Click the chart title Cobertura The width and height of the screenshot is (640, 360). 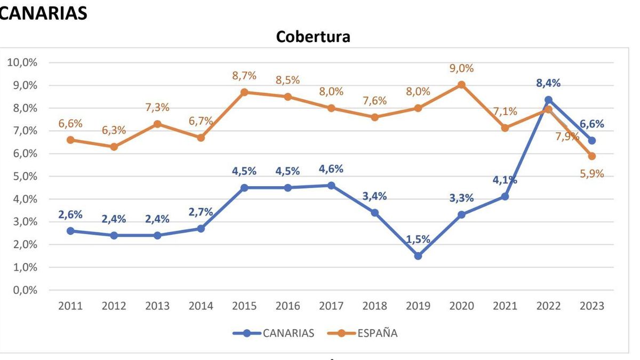313,37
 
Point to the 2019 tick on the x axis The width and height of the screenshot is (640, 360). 418,306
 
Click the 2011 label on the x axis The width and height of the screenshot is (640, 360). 70,306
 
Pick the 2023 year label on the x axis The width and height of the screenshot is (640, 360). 592,306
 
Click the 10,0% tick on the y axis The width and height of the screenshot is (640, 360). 22,62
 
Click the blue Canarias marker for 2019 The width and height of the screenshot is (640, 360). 418,256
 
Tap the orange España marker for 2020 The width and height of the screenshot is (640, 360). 462,85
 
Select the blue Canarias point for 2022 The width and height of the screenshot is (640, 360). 548,100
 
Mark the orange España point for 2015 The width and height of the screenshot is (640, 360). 244,92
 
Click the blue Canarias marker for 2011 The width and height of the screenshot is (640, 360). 70,231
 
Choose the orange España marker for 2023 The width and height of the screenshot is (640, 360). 592,156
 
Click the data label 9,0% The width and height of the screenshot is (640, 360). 462,68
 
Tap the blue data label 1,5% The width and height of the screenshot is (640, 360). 418,239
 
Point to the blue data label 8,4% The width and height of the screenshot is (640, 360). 548,83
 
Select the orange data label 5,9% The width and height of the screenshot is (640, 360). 592,174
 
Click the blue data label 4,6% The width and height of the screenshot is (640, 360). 331,169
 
